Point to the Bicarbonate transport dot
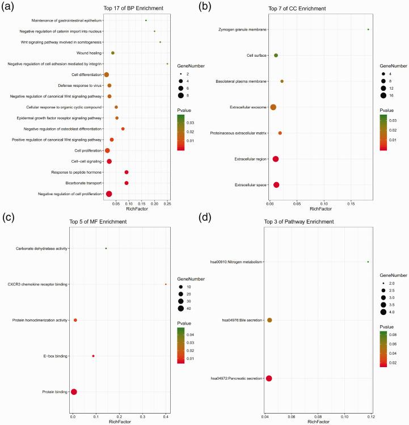[127, 183]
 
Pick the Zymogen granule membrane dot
[368, 30]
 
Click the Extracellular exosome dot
[273, 107]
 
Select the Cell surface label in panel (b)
[257, 56]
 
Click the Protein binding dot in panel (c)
[74, 392]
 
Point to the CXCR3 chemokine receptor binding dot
[166, 284]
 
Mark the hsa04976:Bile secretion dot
[269, 321]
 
